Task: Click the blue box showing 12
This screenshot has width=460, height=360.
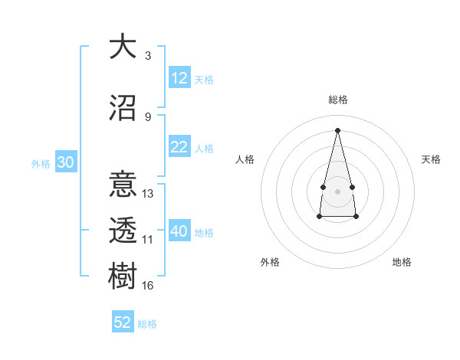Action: pos(179,78)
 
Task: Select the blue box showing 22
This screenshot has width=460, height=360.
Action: pos(179,148)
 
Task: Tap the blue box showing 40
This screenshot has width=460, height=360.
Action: pos(179,232)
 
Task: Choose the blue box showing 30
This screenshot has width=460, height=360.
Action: pos(65,163)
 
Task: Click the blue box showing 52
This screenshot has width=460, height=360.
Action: pos(123,322)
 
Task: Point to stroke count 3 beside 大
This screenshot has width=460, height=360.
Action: pos(147,55)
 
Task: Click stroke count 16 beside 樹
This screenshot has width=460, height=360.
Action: pos(147,285)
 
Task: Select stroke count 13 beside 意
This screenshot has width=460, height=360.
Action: pos(147,194)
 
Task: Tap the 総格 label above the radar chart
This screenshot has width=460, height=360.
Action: pos(337,100)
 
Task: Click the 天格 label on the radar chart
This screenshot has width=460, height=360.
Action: pos(431,159)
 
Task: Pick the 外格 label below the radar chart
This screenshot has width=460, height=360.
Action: pos(270,262)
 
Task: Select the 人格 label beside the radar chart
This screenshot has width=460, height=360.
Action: pos(245,159)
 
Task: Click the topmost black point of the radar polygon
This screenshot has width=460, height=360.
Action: pos(337,129)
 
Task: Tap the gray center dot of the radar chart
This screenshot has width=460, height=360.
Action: pos(337,190)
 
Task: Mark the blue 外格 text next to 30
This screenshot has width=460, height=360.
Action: pos(41,164)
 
